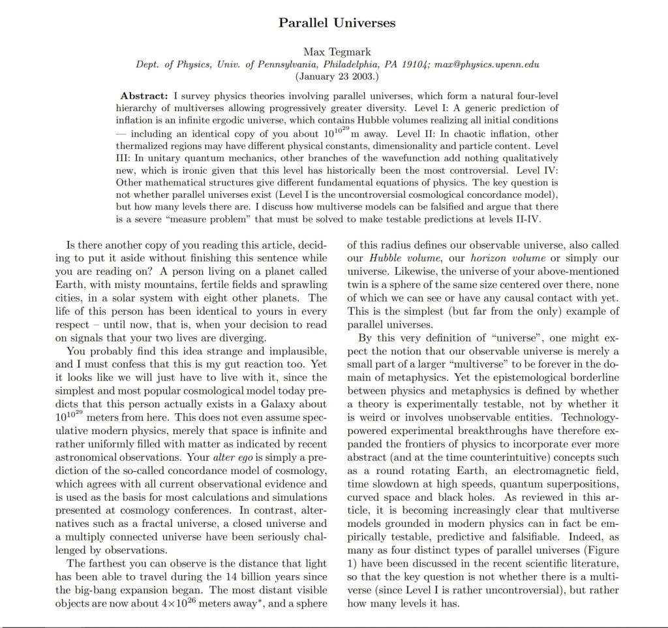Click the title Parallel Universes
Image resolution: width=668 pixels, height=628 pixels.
tap(337, 22)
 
